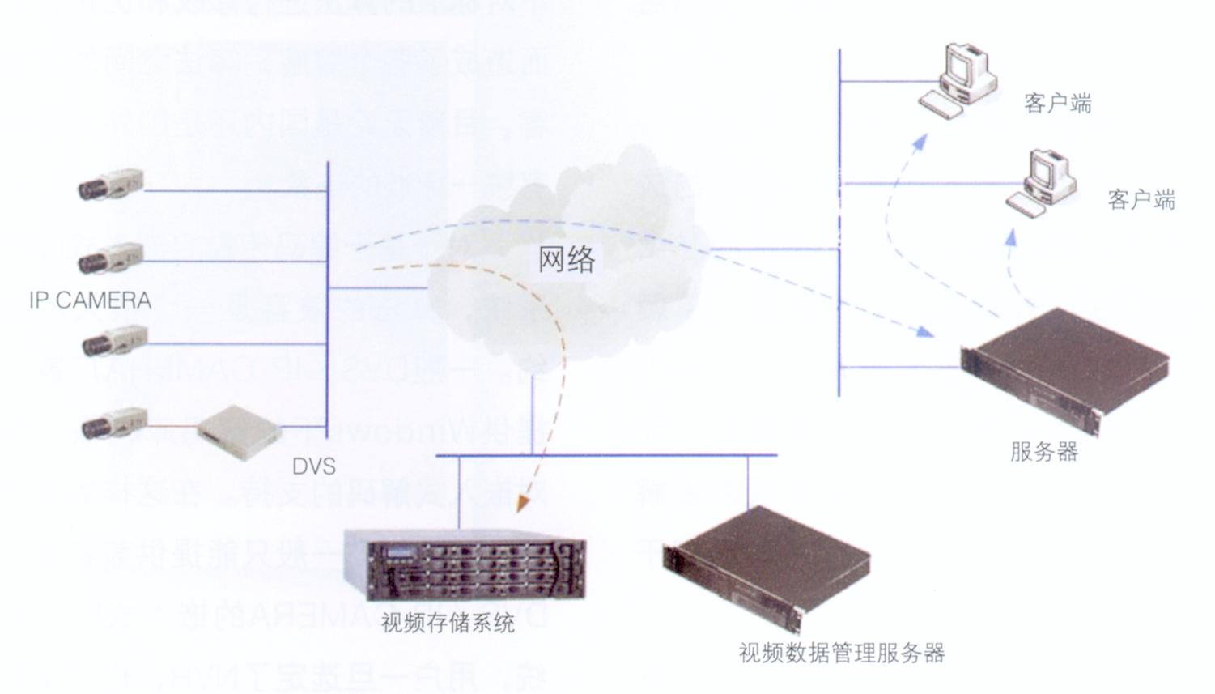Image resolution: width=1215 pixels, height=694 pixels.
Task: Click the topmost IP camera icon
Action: tap(111, 185)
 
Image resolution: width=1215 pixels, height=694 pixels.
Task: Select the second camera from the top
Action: tap(111, 258)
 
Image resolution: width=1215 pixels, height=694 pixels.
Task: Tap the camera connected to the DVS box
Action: tap(114, 423)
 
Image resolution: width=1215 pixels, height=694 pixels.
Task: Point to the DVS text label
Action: tap(313, 466)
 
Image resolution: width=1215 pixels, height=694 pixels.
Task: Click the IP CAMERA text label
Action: tap(90, 300)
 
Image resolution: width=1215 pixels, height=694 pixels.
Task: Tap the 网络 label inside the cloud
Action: tap(567, 259)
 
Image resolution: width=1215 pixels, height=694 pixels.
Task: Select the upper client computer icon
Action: tap(958, 81)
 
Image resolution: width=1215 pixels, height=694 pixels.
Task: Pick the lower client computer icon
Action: tap(1043, 183)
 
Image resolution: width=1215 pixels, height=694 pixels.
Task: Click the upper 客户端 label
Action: tap(1057, 104)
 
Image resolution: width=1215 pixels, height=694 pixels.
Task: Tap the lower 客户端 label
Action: tap(1141, 199)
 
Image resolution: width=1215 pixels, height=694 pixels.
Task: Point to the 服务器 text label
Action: tap(1044, 451)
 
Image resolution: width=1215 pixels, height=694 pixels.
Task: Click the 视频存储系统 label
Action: tap(448, 623)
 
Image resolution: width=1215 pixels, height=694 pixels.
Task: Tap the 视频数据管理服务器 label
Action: tap(841, 653)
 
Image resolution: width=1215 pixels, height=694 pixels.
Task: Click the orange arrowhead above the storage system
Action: tap(524, 501)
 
